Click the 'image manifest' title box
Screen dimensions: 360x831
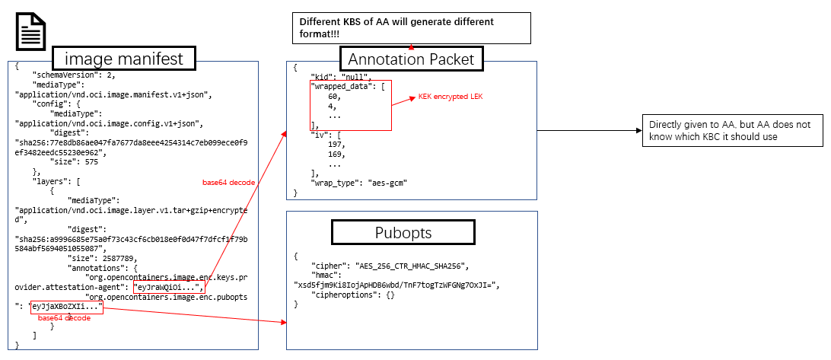[x=123, y=59]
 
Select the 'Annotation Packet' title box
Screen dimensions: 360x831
[x=411, y=59]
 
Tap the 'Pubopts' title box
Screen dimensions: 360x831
[x=403, y=232]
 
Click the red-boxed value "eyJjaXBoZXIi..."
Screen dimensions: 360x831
[x=66, y=306]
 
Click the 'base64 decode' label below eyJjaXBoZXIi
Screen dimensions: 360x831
[x=64, y=317]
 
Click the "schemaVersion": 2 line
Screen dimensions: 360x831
[x=75, y=76]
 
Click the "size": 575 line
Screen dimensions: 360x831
[x=77, y=161]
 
